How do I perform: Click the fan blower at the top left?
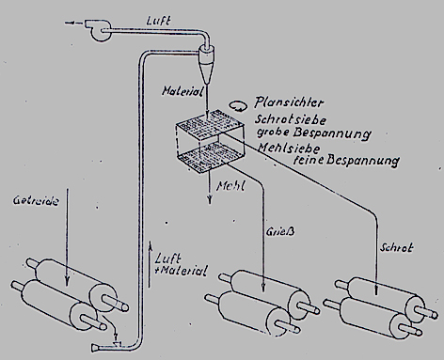pyautogui.click(x=97, y=30)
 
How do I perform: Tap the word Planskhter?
pyautogui.click(x=289, y=102)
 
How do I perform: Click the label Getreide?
pyautogui.click(x=36, y=200)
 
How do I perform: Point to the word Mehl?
pyautogui.click(x=230, y=186)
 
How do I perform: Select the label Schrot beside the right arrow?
pyautogui.click(x=396, y=247)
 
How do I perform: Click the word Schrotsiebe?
pyautogui.click(x=291, y=119)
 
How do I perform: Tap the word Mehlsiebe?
pyautogui.click(x=289, y=148)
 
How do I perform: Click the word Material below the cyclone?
pyautogui.click(x=182, y=91)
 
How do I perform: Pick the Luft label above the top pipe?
pyautogui.click(x=159, y=21)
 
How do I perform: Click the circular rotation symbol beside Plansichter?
pyautogui.click(x=237, y=105)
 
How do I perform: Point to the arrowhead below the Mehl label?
pyautogui.click(x=210, y=199)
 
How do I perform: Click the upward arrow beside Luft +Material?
pyautogui.click(x=150, y=264)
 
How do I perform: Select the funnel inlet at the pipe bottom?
pyautogui.click(x=96, y=347)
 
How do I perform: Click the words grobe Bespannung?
pyautogui.click(x=314, y=133)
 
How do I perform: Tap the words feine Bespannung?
pyautogui.click(x=345, y=161)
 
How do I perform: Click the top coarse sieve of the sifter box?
pyautogui.click(x=210, y=122)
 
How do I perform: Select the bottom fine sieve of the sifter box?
pyautogui.click(x=211, y=158)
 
